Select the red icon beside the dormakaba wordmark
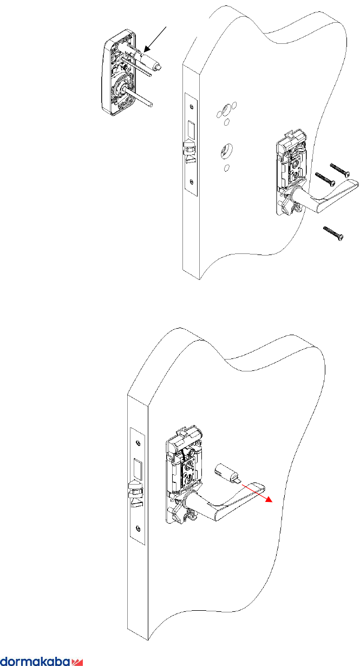coord(77,661)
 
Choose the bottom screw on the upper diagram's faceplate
coord(191,182)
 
